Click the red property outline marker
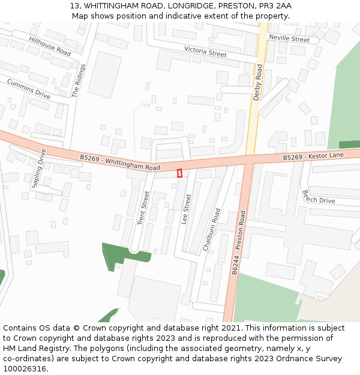pyautogui.click(x=179, y=173)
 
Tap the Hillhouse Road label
pyautogui.click(x=50, y=46)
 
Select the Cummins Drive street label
pyautogui.click(x=29, y=88)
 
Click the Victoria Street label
pyautogui.click(x=205, y=52)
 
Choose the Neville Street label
pyautogui.click(x=289, y=39)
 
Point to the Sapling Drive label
pyautogui.click(x=39, y=168)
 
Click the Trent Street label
pyautogui.click(x=143, y=208)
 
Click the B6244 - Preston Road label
pyautogui.click(x=238, y=242)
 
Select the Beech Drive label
pyautogui.click(x=319, y=196)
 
